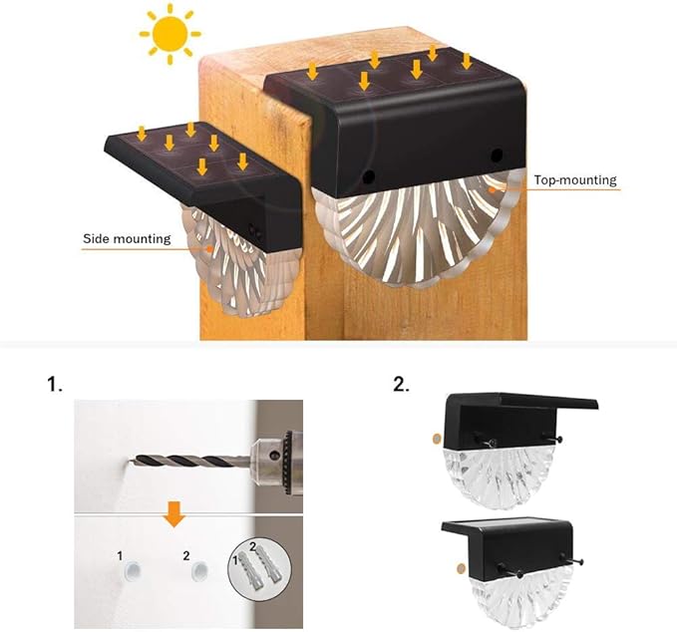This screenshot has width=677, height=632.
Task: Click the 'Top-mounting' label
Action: [575, 180]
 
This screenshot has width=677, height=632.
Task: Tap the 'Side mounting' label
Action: [127, 239]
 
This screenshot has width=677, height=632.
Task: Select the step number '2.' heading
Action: [402, 384]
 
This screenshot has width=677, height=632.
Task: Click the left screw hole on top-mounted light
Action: [369, 176]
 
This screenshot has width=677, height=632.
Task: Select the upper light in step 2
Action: [514, 448]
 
